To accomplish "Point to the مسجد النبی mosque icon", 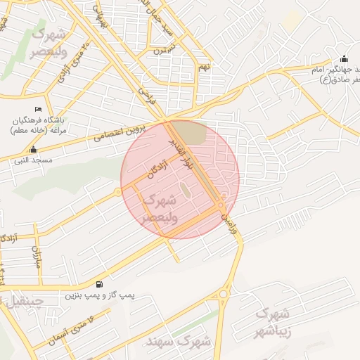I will pos(33,150).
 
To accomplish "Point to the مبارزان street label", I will pos(34,257).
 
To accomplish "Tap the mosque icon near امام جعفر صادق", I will pos(343,59).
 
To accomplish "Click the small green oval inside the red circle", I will pos(185,191).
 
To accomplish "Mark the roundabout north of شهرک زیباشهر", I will pos(224,294).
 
